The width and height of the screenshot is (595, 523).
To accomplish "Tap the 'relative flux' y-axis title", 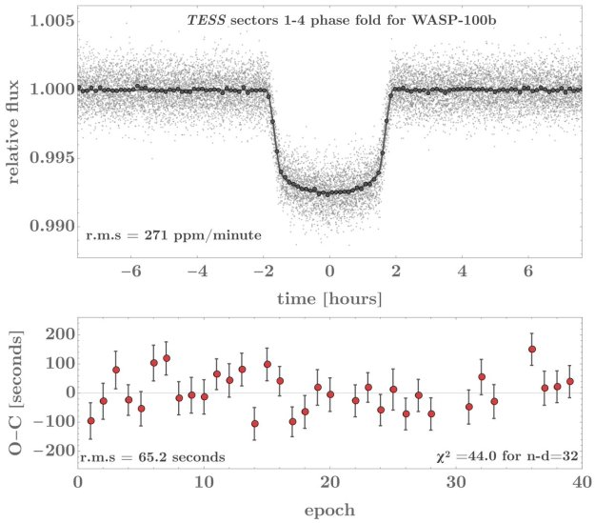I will pos(17,130).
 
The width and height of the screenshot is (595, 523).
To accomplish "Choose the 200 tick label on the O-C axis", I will pos(54,334).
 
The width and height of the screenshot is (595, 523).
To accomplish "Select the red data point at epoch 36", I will pos(532,350).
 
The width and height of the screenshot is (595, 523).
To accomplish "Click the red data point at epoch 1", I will pos(91,421).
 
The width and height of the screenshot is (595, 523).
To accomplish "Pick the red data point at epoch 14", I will pos(255,424).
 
